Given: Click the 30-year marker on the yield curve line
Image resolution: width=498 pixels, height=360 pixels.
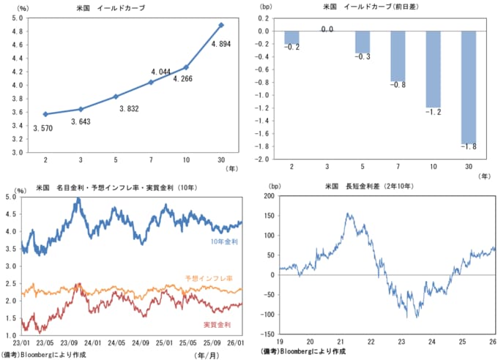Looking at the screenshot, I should click(x=222, y=25).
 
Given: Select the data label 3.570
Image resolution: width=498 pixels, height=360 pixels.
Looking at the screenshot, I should click(x=43, y=128).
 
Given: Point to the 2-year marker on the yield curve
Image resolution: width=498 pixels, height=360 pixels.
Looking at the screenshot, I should click(x=45, y=114).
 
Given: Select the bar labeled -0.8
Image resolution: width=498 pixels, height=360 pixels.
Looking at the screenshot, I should click(x=399, y=56).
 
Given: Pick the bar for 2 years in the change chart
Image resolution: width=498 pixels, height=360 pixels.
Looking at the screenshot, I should click(x=291, y=37).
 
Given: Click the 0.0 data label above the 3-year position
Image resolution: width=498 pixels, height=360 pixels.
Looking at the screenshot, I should click(x=327, y=29).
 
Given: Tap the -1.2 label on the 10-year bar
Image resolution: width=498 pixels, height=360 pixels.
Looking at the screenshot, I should click(x=434, y=113).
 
